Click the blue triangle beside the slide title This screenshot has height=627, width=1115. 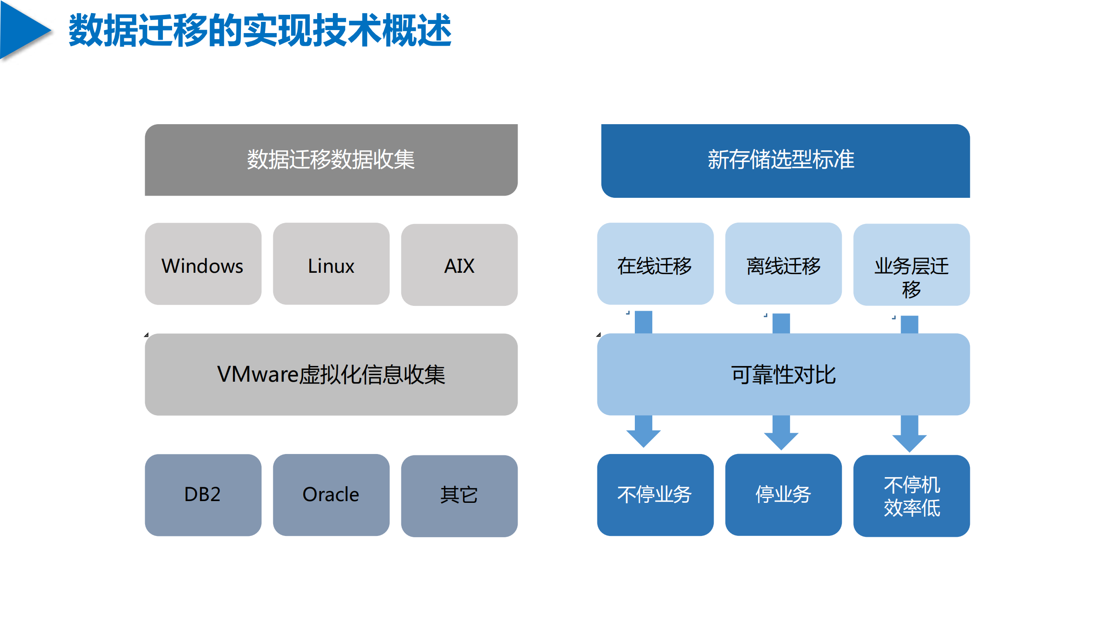point(22,31)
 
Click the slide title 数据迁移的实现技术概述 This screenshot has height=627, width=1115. point(260,31)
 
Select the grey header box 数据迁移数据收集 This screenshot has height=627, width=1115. point(331,160)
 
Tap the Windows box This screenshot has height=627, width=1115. point(203,264)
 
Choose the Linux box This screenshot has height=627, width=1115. point(331,264)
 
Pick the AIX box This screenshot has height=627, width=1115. point(459,265)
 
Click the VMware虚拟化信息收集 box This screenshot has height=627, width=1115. point(331,374)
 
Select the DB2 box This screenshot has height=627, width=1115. point(203,495)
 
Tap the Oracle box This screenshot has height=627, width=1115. point(331,495)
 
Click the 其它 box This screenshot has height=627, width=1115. point(459,496)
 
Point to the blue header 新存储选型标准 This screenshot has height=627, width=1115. point(785,161)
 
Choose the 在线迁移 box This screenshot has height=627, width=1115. point(655,264)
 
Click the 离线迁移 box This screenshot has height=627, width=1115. point(783,264)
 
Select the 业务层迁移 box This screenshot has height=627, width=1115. point(911,265)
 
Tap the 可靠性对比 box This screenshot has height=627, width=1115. point(783,374)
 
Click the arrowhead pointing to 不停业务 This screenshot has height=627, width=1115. point(643,437)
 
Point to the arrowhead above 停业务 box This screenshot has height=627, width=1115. point(781,440)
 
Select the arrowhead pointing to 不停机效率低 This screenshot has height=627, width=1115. point(909,442)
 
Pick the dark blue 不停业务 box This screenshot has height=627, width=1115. point(655,495)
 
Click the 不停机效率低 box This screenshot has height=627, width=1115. point(911,496)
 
